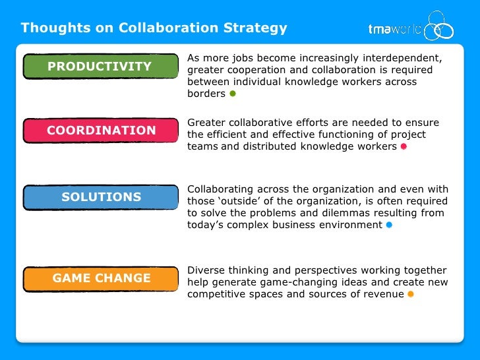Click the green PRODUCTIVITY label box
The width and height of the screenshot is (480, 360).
[100, 67]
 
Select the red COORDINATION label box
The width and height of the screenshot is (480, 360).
[100, 131]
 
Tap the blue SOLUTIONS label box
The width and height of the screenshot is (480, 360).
[100, 197]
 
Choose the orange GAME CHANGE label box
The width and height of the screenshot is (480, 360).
[100, 278]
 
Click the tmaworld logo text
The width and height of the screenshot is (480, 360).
[394, 28]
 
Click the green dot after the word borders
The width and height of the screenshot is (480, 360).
[232, 94]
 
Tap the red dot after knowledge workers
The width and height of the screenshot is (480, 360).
[404, 147]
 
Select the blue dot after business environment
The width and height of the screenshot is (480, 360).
[389, 225]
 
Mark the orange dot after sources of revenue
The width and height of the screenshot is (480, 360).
[410, 294]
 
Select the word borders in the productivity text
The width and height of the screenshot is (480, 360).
[206, 94]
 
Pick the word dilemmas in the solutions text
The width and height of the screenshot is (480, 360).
[358, 213]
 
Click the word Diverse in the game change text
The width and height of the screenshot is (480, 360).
[207, 270]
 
